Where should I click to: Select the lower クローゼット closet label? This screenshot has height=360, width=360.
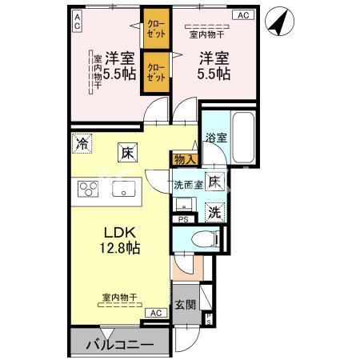click(x=155, y=72)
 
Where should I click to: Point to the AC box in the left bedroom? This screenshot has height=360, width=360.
click(x=77, y=22)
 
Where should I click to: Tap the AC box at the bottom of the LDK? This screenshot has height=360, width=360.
click(x=154, y=313)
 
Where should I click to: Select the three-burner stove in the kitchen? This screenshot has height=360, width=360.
click(x=87, y=190)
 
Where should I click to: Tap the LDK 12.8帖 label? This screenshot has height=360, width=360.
click(x=120, y=240)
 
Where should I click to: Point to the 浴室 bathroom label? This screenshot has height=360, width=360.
click(x=216, y=137)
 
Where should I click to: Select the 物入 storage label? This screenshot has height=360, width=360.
click(x=184, y=159)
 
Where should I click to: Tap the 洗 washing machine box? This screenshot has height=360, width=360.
click(x=214, y=211)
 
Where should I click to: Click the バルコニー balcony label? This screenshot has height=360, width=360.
click(x=118, y=345)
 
